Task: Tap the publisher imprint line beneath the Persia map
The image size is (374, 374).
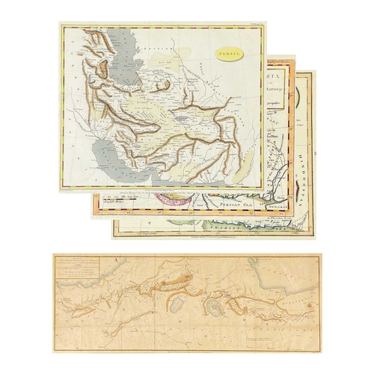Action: (161, 188)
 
